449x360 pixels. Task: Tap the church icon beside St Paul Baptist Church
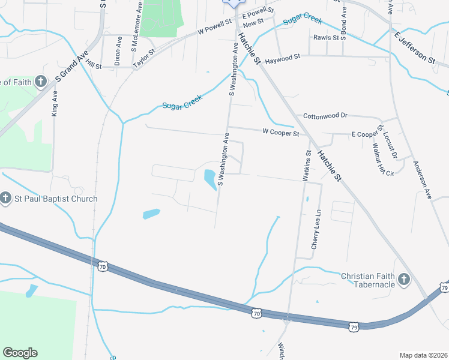click(x=5, y=198)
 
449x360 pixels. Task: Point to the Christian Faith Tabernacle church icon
click(x=404, y=280)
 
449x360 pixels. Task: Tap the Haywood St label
click(x=283, y=59)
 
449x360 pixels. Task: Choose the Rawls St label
click(x=326, y=37)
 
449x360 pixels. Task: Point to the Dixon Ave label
click(x=118, y=50)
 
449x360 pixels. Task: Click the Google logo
click(x=20, y=353)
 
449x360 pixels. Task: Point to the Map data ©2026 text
click(x=423, y=355)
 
